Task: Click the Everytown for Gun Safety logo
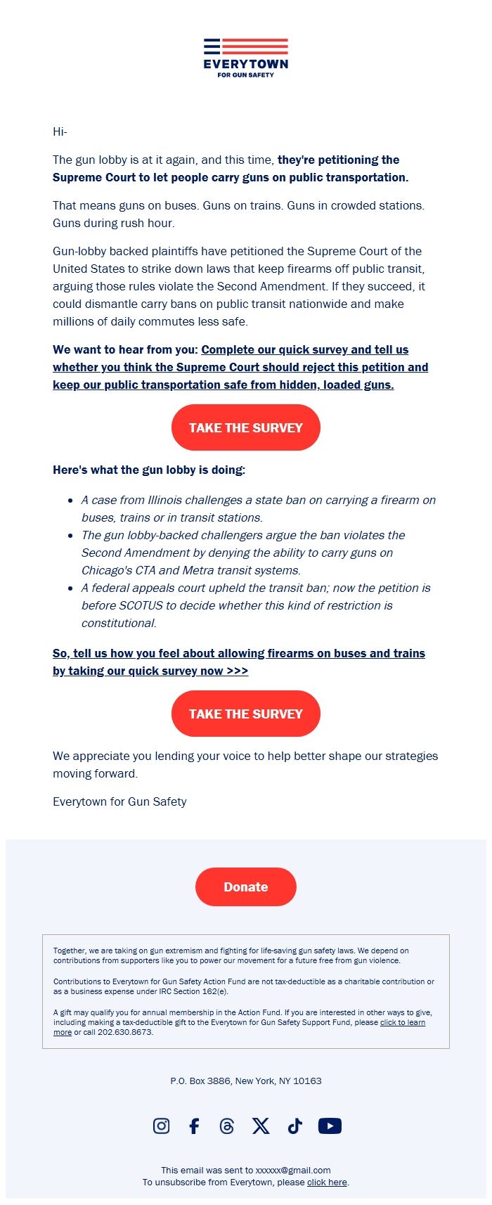(246, 58)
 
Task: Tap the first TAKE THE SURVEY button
(246, 427)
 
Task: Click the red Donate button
(246, 887)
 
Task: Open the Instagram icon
(161, 1126)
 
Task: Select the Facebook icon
(194, 1126)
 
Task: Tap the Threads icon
(226, 1126)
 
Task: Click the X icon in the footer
(261, 1126)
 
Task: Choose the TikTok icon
(294, 1126)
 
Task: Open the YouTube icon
(330, 1126)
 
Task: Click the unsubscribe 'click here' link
(327, 1182)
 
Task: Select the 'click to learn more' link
(402, 1022)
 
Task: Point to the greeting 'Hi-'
(60, 131)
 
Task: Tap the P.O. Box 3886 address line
(246, 1081)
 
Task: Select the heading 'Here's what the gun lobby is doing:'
(149, 470)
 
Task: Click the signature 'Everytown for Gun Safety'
(119, 801)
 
